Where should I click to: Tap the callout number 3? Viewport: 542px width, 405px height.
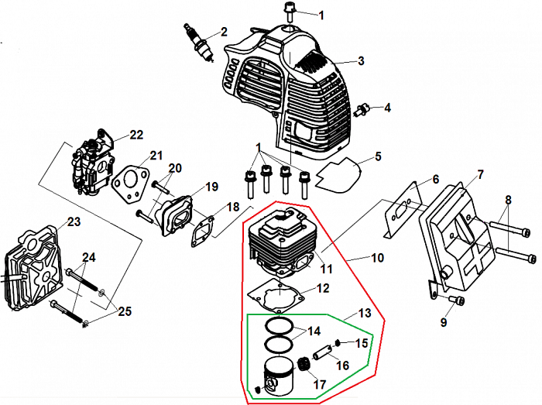tap(361, 60)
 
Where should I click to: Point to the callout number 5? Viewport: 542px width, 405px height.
tap(378, 157)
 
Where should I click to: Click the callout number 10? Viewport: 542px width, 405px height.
tap(378, 257)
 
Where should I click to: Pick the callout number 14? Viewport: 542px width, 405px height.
tap(314, 331)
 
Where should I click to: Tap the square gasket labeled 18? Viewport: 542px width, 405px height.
tap(202, 227)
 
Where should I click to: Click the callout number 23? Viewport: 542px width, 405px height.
tap(74, 222)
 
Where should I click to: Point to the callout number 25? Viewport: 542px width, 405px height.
tap(124, 311)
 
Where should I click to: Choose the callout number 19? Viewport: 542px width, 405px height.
tap(211, 187)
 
